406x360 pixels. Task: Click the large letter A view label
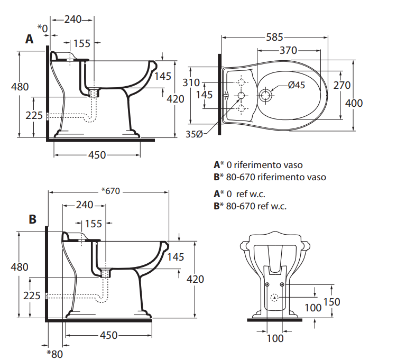[x=29, y=39]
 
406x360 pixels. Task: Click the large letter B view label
[x=33, y=219]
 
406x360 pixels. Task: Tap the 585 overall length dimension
[x=274, y=38]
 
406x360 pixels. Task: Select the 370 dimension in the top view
[x=288, y=50]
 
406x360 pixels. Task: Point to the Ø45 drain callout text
[x=297, y=85]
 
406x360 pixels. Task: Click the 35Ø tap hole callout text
[x=194, y=134]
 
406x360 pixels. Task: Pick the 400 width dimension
[x=354, y=103]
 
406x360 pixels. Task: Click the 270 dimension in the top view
[x=342, y=85]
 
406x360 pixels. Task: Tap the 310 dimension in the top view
[x=191, y=83]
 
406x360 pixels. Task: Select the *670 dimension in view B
[x=111, y=191]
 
